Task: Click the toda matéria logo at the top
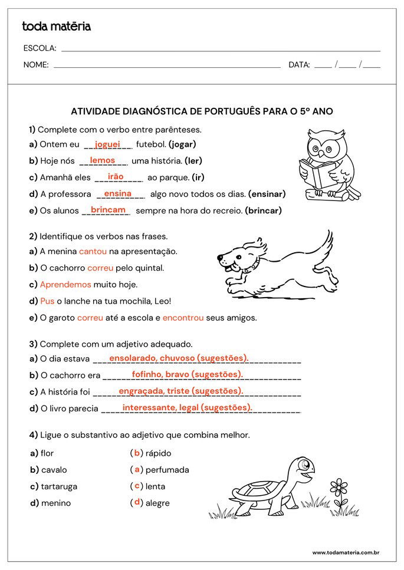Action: pos(56,27)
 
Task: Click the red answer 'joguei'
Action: pos(107,144)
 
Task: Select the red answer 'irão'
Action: pos(116,177)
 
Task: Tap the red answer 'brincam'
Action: pos(109,210)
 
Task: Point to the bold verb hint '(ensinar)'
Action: pos(267,194)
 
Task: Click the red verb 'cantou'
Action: pos(93,251)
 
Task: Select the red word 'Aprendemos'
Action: pos(65,284)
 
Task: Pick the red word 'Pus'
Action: pos(47,301)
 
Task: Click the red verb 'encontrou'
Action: pos(183,318)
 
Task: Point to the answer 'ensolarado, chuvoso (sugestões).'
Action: pos(179,358)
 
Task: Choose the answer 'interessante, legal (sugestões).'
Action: pos(187,407)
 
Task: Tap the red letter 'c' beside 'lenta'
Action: pos(137,486)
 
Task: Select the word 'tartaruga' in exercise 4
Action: pos(59,486)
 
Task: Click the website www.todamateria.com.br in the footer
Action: pos(345,552)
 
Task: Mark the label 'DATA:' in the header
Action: pos(299,65)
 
